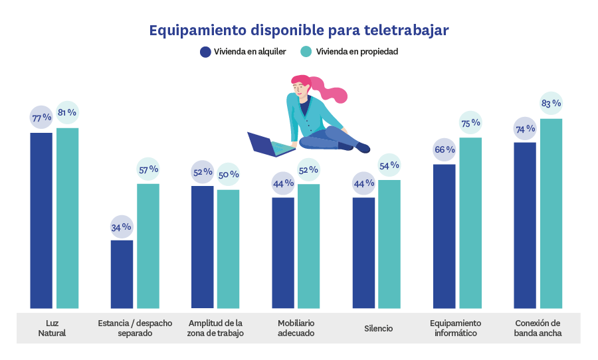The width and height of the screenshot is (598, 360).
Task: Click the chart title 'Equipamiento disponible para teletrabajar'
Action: click(298, 31)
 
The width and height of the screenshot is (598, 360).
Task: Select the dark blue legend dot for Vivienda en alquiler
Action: click(205, 52)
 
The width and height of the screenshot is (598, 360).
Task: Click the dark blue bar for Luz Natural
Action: click(41, 219)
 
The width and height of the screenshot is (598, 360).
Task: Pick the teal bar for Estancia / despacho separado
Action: click(148, 246)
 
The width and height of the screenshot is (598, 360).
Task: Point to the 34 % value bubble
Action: click(122, 227)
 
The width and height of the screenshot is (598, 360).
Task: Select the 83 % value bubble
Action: click(551, 103)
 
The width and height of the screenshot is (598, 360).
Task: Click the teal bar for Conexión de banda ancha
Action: click(551, 213)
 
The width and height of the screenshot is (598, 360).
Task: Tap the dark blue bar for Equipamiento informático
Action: click(445, 236)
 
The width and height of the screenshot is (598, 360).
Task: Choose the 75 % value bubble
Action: click(470, 123)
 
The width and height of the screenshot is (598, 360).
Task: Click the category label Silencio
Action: click(378, 329)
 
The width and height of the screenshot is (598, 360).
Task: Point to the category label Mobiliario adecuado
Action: click(296, 328)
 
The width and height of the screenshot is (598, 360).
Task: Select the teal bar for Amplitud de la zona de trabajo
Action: click(229, 249)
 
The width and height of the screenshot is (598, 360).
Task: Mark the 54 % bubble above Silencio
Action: click(390, 165)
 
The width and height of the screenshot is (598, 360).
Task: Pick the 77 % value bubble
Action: click(41, 118)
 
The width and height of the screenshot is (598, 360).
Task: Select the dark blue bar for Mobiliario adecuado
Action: click(283, 252)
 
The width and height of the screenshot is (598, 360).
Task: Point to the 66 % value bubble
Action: click(445, 149)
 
